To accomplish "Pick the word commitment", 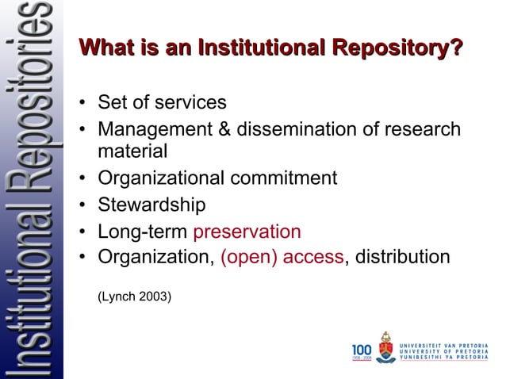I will pos(284,178).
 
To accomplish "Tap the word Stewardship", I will pos(151,205).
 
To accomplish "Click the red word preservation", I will pos(247,232).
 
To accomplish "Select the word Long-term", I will pos(143,232).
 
